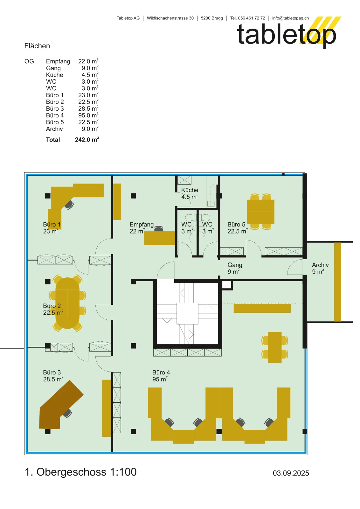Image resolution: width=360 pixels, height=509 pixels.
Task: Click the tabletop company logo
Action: point(289,32)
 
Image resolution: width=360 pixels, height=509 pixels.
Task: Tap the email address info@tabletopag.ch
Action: point(290,18)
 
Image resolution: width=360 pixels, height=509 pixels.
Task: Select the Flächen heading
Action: point(37,46)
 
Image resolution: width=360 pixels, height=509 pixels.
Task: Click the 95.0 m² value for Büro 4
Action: point(88,115)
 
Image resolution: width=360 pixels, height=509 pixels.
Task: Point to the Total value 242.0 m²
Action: point(87,140)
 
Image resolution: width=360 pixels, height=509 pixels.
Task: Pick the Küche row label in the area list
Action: point(54,75)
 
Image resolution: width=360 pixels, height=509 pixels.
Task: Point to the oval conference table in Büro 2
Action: point(67,303)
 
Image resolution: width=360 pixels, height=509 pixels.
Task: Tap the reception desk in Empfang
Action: point(159,238)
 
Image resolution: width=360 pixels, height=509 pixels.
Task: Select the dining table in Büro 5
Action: point(260,212)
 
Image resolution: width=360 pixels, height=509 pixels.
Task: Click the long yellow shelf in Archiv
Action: point(337,282)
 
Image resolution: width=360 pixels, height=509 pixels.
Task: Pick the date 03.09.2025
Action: point(291,473)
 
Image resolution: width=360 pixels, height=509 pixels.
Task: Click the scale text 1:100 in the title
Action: point(123,472)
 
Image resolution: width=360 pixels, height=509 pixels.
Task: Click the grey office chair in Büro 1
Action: point(69,205)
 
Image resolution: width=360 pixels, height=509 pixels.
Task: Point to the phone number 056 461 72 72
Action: point(252,18)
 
